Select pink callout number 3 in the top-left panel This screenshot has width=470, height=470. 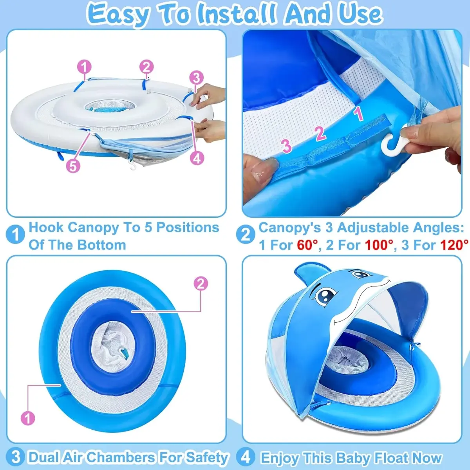click(x=196, y=78)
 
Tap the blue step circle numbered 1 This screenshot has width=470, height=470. click(x=15, y=234)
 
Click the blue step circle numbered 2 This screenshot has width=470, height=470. click(x=246, y=234)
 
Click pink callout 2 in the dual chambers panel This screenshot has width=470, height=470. click(x=201, y=284)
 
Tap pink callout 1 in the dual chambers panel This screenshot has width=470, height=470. click(x=28, y=418)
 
